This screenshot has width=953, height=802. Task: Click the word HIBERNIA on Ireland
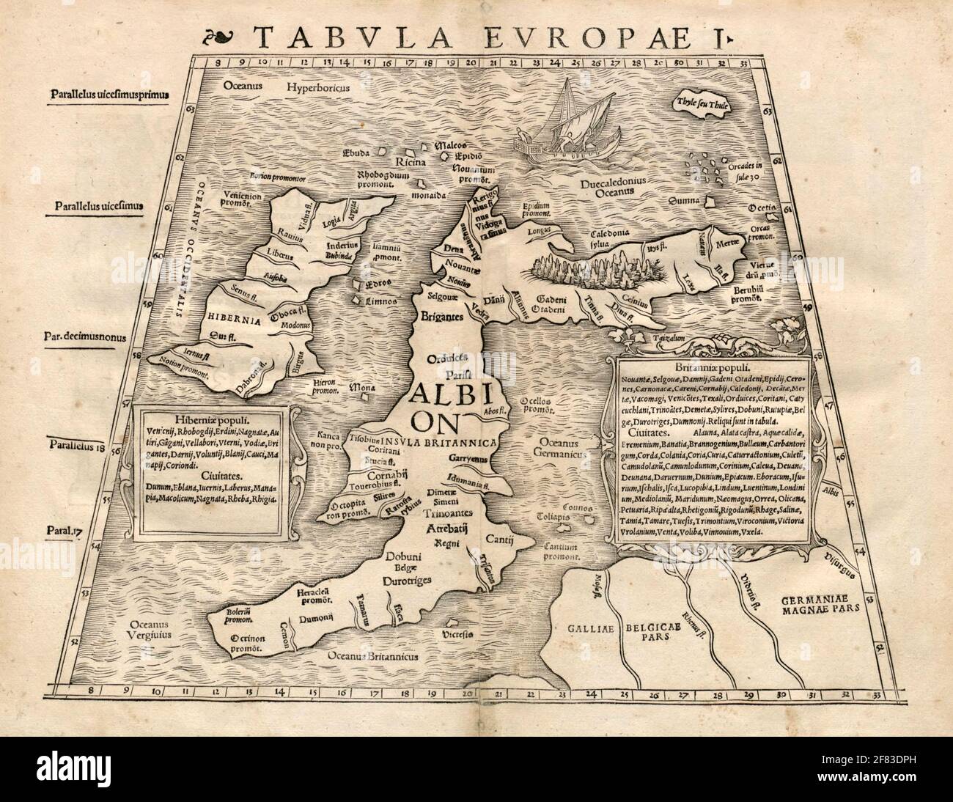coord(232,320)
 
